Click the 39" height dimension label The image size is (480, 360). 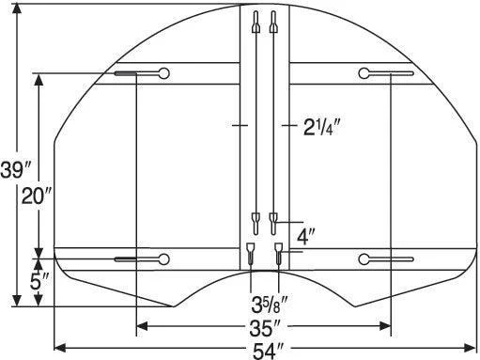15,170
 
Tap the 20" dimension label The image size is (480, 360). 36,196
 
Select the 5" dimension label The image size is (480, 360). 39,281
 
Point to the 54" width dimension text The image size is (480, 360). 268,351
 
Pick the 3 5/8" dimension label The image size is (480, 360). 270,305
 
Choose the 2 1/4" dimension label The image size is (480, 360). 321,127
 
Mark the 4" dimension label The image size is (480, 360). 306,237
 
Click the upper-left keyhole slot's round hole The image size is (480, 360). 163,73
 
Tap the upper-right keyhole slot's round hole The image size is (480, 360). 364,73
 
